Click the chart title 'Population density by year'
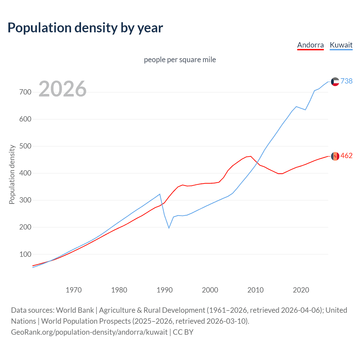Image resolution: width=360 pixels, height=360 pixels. coord(85,28)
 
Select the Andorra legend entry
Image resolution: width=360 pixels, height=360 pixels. coord(310,45)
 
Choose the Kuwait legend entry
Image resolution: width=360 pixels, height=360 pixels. coord(341,45)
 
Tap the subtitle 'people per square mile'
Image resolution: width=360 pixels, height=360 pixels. coord(180,60)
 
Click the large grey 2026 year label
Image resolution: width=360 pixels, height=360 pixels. coord(62,89)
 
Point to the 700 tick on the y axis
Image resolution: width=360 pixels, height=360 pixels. coord(25,92)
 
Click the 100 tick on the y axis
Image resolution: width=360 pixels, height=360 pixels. coord(25,254)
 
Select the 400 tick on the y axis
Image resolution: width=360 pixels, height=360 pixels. coord(25,173)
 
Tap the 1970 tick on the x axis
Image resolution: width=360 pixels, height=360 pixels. coord(74,290)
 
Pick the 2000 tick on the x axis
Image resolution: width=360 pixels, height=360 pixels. coord(210,290)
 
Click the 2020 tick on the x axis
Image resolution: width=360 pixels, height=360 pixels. coord(301,290)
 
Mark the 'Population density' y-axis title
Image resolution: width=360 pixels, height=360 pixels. coord(12,174)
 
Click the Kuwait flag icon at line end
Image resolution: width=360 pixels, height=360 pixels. coord(335,82)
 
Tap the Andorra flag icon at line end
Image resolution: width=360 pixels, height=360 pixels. coord(335,156)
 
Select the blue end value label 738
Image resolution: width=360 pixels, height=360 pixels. coord(346,81)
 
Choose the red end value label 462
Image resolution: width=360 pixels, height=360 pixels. coord(346,156)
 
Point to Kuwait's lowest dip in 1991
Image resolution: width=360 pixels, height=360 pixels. coord(169,228)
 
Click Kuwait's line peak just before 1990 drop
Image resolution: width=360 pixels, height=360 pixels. coord(160,194)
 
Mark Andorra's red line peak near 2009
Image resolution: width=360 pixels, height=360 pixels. coord(251,156)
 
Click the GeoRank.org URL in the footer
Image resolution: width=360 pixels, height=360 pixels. coord(89,332)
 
